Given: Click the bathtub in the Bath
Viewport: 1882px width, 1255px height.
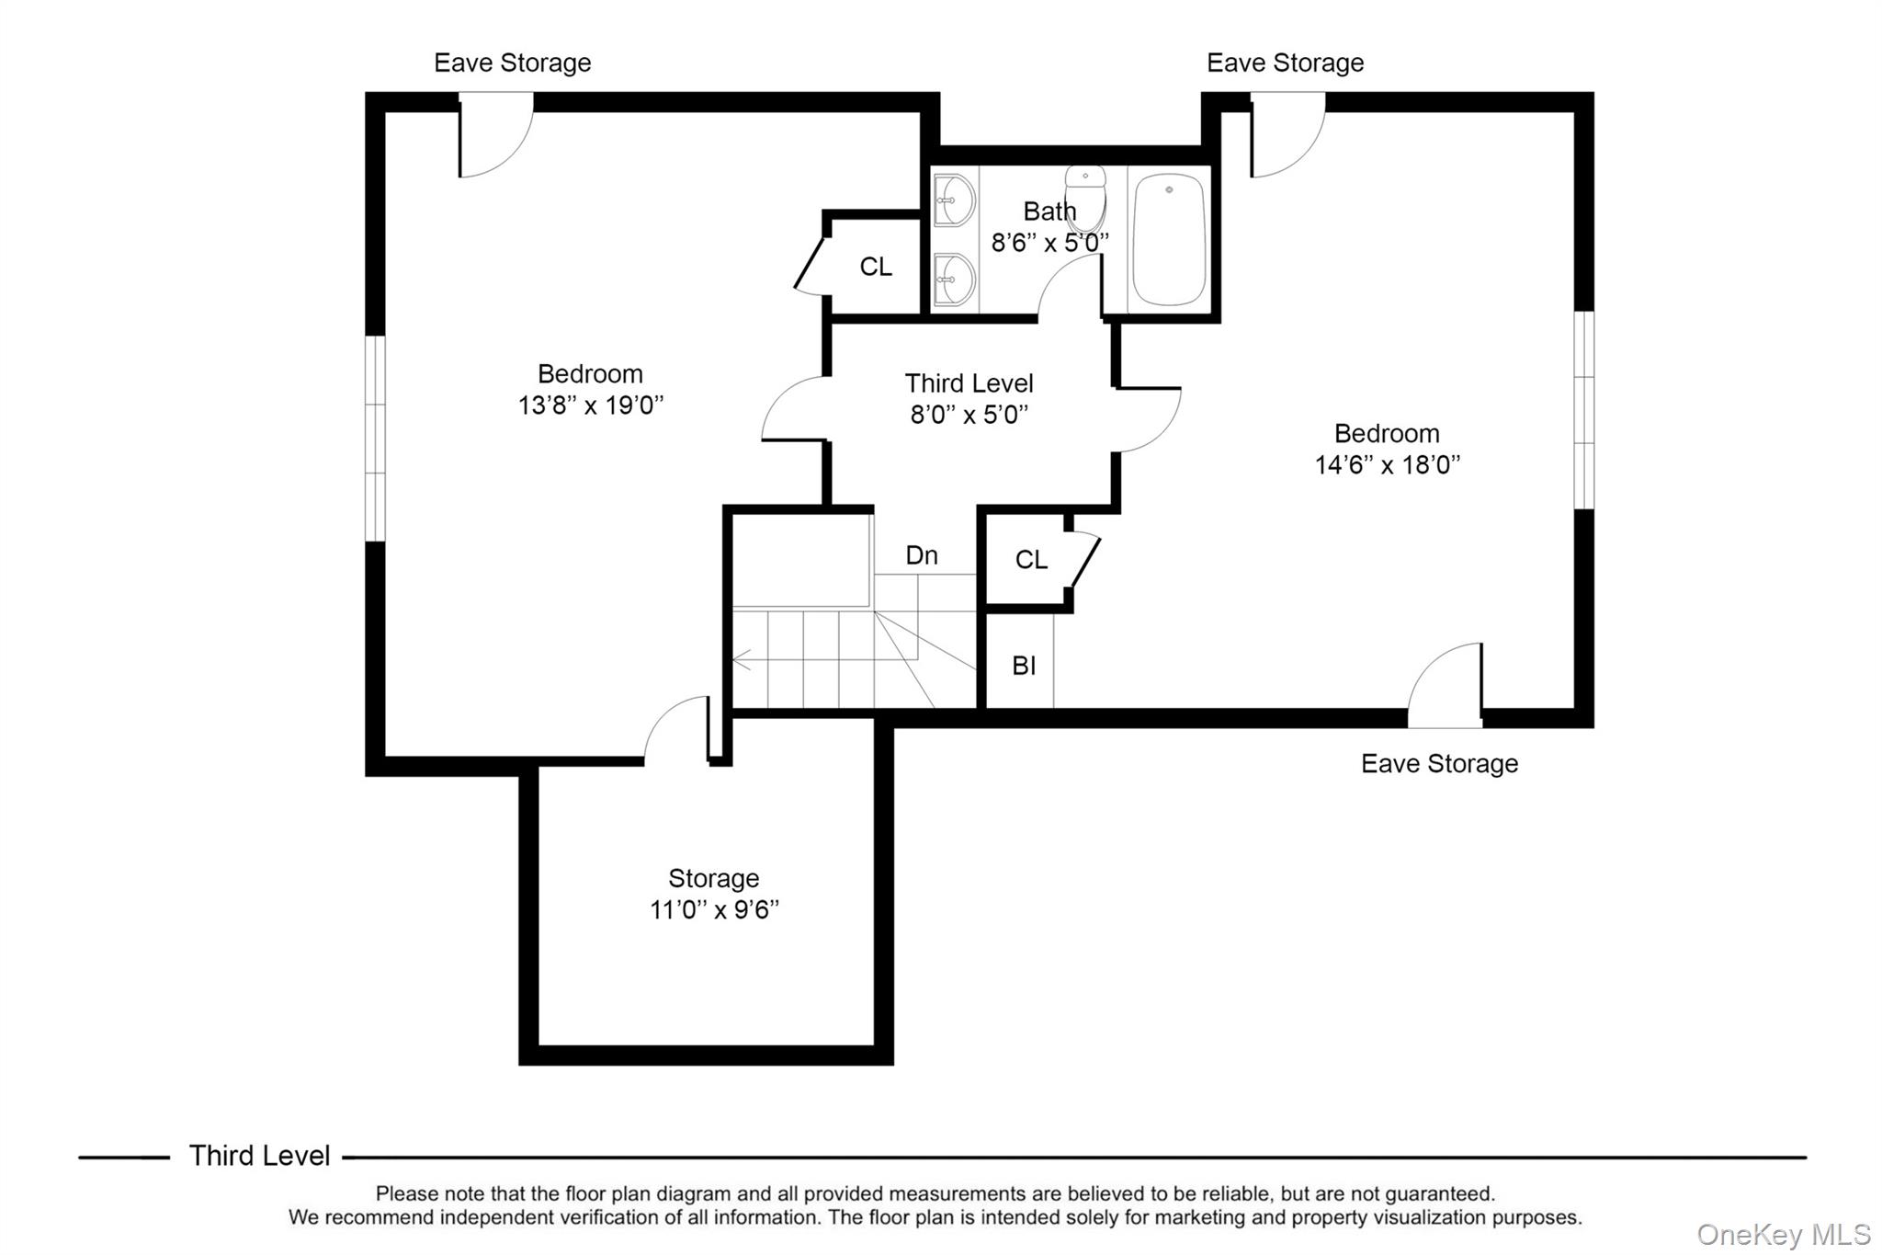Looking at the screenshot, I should [x=1168, y=240].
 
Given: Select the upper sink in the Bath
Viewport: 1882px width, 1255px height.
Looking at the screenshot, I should [x=954, y=200].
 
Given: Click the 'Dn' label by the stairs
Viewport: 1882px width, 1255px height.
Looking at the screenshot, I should [x=922, y=555].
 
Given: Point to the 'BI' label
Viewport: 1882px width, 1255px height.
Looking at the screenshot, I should [x=1024, y=666].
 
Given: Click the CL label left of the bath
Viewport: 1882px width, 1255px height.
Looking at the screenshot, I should [x=876, y=267].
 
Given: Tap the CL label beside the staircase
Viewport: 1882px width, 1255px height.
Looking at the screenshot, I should [x=1031, y=560].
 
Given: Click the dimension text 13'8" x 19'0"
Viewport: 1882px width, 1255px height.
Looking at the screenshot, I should [x=590, y=405].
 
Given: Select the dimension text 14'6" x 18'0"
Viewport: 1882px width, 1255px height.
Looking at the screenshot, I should [x=1387, y=465].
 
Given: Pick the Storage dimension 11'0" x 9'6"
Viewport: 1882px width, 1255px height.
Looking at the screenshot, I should [x=714, y=910].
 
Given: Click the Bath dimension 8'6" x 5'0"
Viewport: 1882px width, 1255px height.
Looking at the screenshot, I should [x=1049, y=243].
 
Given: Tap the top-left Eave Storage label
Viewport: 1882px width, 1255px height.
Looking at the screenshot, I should [x=512, y=63].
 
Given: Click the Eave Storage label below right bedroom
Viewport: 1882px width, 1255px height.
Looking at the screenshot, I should [x=1439, y=764].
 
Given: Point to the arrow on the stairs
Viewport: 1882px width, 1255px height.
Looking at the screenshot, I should [x=742, y=659].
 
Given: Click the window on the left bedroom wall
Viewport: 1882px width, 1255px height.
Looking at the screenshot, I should [x=375, y=439].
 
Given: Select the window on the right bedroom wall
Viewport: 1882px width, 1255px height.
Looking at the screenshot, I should [x=1583, y=410].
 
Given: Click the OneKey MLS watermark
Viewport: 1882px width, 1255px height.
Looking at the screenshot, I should [x=1783, y=1234].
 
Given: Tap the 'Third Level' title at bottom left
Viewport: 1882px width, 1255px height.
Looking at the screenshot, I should [x=259, y=1156].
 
